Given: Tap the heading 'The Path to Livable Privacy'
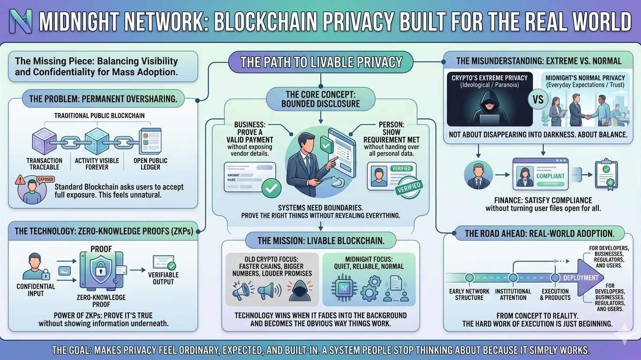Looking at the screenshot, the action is coord(321,62).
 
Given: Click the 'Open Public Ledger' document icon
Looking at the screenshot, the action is coord(150,141).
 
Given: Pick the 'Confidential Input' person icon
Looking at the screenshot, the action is coord(36,266).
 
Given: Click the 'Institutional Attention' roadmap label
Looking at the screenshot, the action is coord(513,294).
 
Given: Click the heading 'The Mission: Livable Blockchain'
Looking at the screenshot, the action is coord(321,241).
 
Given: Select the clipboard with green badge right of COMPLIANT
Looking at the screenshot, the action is coord(606,174).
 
